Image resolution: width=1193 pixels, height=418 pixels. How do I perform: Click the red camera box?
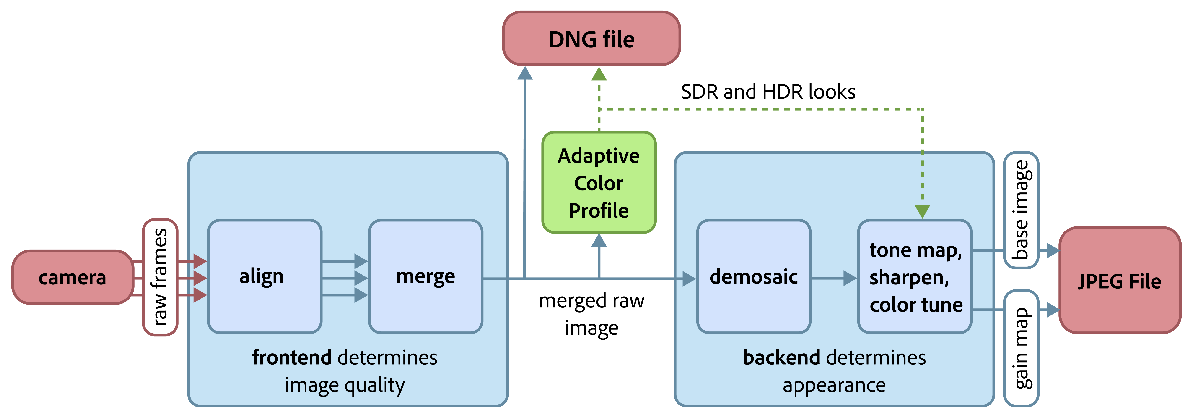[x=72, y=277]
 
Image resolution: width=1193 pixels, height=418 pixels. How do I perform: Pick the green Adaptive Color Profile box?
[x=599, y=183]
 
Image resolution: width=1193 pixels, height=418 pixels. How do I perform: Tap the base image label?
[x=1021, y=210]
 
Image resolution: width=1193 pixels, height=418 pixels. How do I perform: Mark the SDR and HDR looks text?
[x=768, y=92]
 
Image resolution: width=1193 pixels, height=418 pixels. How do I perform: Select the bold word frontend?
[x=292, y=357]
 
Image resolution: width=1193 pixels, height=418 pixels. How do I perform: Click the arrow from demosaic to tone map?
[x=834, y=278]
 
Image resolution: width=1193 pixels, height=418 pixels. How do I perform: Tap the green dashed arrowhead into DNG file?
[x=599, y=74]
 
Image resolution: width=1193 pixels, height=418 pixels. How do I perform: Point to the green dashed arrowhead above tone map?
[x=922, y=211]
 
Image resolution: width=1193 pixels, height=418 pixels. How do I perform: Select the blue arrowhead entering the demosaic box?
[x=689, y=279]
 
